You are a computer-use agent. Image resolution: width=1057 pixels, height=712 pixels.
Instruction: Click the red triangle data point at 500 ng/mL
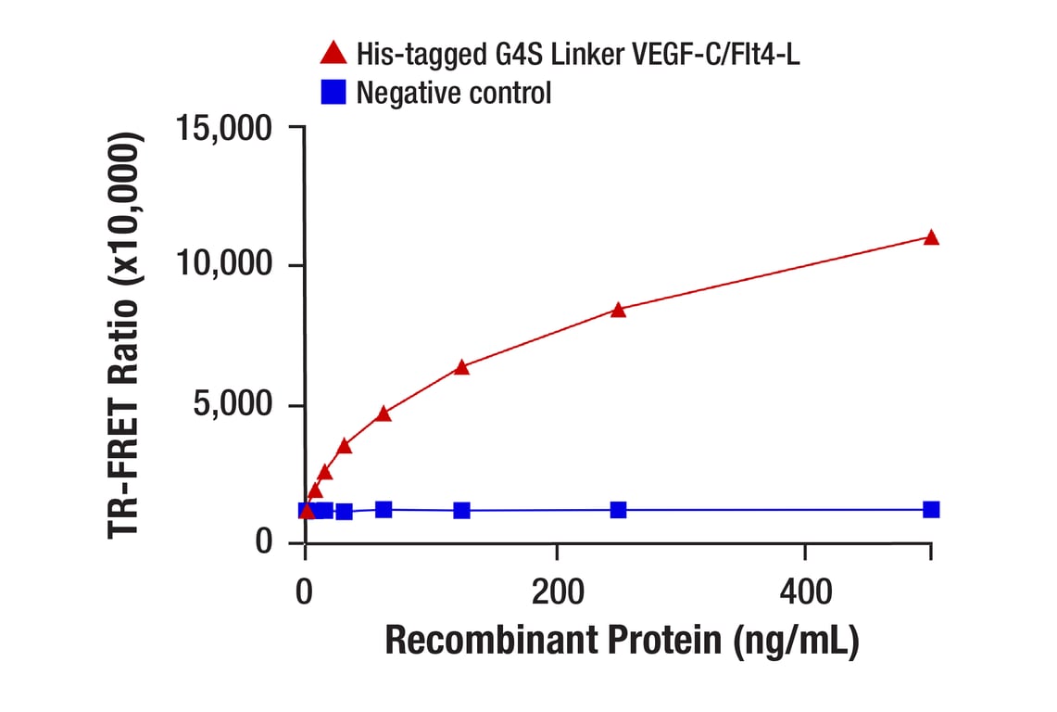(x=931, y=238)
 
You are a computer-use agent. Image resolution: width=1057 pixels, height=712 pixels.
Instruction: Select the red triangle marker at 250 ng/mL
(x=618, y=311)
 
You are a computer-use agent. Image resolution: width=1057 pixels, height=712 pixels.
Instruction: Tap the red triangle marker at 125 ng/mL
(x=461, y=368)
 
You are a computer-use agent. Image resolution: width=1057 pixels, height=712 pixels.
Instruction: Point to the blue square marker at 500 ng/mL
(x=931, y=509)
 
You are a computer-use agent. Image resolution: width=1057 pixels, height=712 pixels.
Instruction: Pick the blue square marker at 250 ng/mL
(x=618, y=510)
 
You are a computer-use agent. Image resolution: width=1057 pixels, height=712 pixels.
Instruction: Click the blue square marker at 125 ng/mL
(x=461, y=511)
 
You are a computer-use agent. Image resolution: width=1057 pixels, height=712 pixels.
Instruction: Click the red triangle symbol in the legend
(x=333, y=53)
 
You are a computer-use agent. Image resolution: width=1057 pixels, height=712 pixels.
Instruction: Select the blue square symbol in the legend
(x=333, y=92)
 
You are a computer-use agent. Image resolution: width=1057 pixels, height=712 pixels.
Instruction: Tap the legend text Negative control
(x=454, y=93)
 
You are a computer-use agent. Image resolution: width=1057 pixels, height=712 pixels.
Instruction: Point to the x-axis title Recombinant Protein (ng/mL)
(x=622, y=641)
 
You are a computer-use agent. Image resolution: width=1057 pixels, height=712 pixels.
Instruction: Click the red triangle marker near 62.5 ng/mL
(x=384, y=413)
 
